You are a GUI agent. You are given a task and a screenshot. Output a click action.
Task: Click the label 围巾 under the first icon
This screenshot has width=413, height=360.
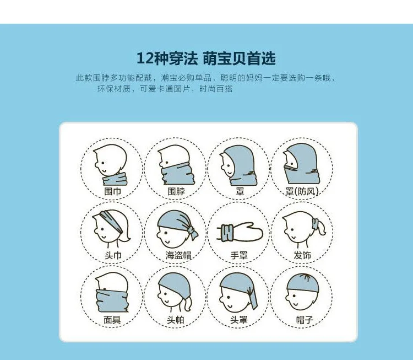tap(113, 191)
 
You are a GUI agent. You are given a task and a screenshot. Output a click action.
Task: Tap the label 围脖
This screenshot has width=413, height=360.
tap(176, 191)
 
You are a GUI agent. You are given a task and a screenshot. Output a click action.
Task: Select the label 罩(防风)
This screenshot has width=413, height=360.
tap(302, 191)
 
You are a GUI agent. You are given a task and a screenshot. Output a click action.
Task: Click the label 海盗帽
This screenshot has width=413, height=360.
tap(178, 255)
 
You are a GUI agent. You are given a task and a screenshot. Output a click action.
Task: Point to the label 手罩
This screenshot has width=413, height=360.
tap(239, 255)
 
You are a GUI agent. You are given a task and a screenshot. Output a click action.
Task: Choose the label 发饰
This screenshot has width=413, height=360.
tap(302, 255)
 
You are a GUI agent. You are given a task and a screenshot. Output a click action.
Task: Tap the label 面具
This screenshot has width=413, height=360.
tap(112, 320)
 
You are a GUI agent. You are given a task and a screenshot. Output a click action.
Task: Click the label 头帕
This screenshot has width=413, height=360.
tap(176, 320)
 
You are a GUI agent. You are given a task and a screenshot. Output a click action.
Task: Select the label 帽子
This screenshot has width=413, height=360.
tap(305, 320)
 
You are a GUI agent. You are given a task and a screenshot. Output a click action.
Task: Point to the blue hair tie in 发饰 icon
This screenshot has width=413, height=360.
tap(315, 224)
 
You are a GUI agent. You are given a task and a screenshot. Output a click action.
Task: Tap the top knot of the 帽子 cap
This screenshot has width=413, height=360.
tap(306, 276)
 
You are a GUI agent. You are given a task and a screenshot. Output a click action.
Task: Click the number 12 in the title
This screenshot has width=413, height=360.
tap(145, 58)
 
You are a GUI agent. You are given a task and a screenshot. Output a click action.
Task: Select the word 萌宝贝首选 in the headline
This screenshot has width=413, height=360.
tap(239, 58)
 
